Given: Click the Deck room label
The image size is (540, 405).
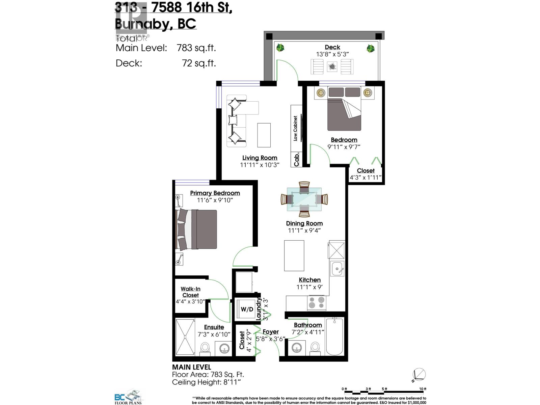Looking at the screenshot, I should point(332,47).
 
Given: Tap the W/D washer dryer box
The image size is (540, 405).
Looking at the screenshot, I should point(247,309).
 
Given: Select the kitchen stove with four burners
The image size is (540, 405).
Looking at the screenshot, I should point(317,303).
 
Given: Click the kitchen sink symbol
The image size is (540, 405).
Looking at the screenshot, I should point(337,269).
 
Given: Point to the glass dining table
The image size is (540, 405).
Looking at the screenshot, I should point(304,199).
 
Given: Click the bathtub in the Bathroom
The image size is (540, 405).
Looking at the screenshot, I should point(334,336).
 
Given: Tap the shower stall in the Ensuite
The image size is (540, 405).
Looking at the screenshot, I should point(185,337).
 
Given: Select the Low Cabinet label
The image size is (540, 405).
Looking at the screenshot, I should point(295,128).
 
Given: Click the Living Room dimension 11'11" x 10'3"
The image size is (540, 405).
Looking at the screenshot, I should point(260,165).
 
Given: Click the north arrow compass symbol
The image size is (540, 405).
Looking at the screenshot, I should point(419,375).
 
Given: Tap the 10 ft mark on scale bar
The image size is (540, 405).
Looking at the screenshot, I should point(423,389).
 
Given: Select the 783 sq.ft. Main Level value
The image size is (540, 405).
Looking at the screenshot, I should point(196,48).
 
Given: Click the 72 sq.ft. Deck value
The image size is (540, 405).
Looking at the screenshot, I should point(199,63).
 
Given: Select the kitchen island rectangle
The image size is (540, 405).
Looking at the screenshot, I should point(294,255).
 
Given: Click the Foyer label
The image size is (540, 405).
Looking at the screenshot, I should point(271,332).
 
